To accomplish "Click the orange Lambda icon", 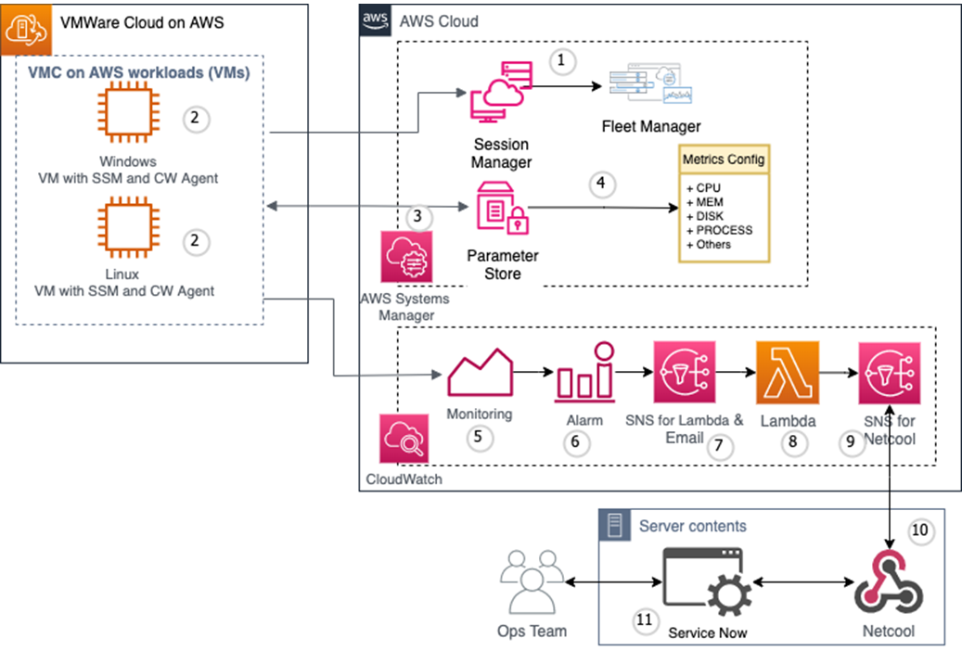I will click(x=787, y=372).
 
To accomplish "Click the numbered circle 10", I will click(x=919, y=530).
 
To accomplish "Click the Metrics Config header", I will click(x=724, y=160).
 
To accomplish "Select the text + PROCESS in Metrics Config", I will click(x=719, y=230).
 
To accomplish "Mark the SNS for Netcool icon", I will click(x=890, y=372).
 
